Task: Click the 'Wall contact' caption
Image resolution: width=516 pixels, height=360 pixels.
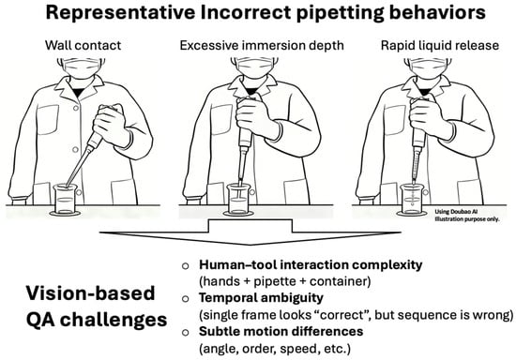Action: pos(83,45)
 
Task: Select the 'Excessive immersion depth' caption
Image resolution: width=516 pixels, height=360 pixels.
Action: pos(262,45)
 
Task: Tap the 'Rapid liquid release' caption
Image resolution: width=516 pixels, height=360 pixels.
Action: pos(440,45)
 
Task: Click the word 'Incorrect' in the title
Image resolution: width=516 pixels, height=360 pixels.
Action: pos(246,12)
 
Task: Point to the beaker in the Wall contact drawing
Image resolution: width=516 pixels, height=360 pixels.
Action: pos(66,200)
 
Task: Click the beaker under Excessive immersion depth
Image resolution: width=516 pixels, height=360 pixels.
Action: pos(238,200)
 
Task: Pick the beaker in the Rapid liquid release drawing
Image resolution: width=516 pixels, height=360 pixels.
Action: pos(412,200)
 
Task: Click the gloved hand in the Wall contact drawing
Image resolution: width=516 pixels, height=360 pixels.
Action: pos(109,125)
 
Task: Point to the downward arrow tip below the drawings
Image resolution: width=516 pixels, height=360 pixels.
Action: pos(250,245)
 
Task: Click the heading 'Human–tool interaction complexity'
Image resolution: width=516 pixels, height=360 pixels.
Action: pos(311,264)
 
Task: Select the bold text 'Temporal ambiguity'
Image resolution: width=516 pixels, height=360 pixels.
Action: pos(261,298)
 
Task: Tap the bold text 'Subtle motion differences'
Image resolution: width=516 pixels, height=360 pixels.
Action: pos(281,331)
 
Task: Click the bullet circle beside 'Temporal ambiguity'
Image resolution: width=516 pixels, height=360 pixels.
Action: pos(185,298)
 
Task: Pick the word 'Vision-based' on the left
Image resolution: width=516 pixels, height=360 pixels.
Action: pos(90,293)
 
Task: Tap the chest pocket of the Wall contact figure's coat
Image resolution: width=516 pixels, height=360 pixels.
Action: pos(48,120)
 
